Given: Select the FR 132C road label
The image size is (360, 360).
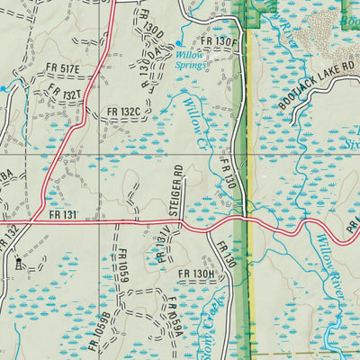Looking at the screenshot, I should [123, 112].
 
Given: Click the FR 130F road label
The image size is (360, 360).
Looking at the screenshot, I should [218, 41].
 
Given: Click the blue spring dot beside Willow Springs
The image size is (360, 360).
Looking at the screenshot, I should [177, 43].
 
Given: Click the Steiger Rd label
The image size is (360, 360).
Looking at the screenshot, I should [178, 189].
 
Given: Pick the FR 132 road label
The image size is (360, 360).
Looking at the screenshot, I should [9, 238].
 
